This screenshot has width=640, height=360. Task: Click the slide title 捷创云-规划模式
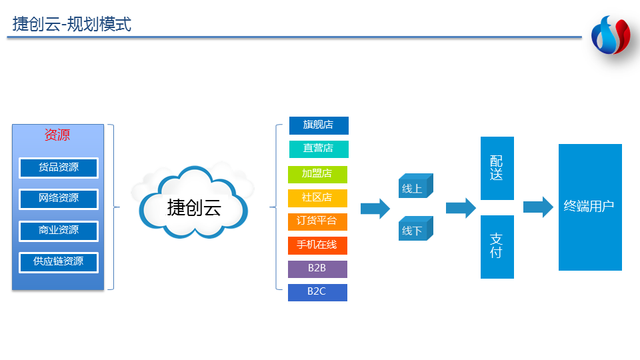point(72,25)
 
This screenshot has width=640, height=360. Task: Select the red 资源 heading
point(57,135)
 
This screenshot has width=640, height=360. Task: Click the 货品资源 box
point(59,167)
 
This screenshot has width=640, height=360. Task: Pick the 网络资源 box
point(59,199)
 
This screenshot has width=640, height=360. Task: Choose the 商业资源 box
point(59,231)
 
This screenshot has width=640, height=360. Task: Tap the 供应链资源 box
point(59,262)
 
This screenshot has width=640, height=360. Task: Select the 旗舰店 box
point(319,125)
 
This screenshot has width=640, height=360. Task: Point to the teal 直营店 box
point(319,149)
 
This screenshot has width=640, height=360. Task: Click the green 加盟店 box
point(317,174)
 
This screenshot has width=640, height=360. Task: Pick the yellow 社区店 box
point(317,198)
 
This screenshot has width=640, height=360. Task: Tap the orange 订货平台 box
point(317,221)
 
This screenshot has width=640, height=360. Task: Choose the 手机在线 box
point(317,245)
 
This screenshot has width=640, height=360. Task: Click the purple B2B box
point(317,269)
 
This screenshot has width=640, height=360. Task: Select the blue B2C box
point(317,292)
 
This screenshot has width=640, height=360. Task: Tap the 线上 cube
point(415,188)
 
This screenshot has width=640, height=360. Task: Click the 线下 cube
point(415,230)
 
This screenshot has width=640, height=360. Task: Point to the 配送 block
point(497,168)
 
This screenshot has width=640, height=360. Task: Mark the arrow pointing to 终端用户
point(538,207)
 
